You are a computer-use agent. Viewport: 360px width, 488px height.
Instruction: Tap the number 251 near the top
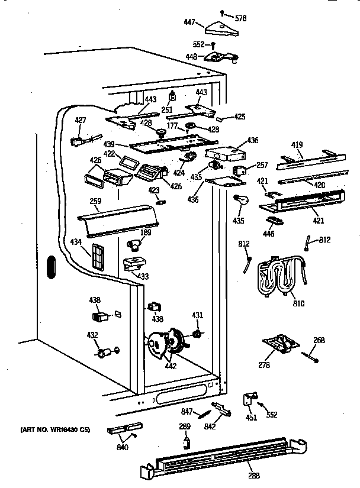pyautogui.click(x=168, y=111)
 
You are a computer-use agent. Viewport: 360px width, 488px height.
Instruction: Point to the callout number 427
pyautogui.click(x=81, y=121)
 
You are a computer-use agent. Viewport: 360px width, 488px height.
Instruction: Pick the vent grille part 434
pyautogui.click(x=98, y=256)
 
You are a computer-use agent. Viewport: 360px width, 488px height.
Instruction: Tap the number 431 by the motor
pyautogui.click(x=198, y=316)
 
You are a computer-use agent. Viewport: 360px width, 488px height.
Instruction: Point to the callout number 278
pyautogui.click(x=264, y=366)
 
